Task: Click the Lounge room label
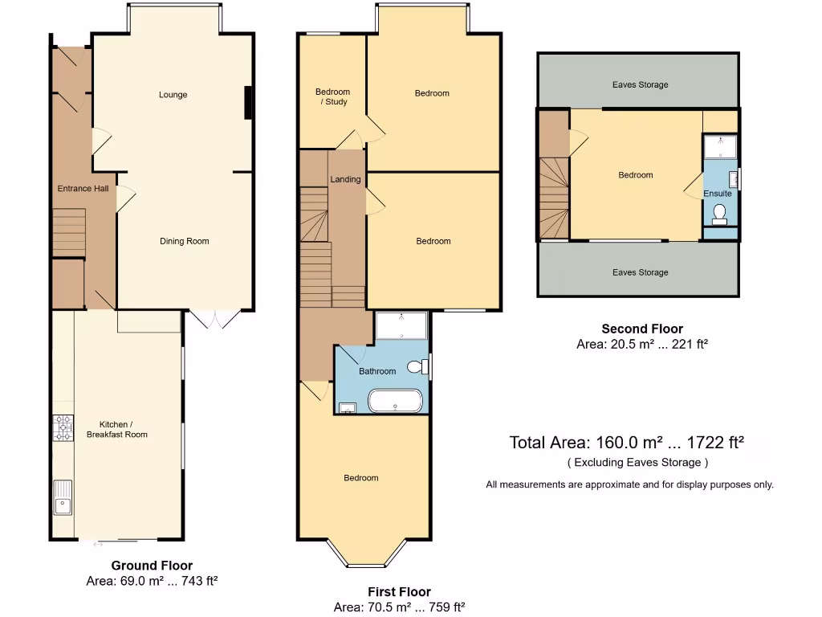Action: click(173, 95)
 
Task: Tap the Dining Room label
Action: click(185, 241)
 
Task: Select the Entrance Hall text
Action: click(82, 189)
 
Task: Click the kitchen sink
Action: click(63, 497)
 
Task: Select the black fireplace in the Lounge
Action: click(249, 102)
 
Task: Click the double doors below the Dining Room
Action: click(214, 320)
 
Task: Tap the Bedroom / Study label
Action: click(332, 97)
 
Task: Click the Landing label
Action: click(345, 179)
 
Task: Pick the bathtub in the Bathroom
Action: click(394, 400)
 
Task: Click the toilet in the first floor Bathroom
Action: click(417, 367)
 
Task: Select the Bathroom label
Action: click(377, 371)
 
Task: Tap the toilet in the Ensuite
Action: click(719, 213)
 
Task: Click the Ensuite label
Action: click(718, 194)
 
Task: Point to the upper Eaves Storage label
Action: click(640, 84)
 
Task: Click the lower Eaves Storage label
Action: click(640, 272)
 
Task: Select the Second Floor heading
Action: click(642, 329)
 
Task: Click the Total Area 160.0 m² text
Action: click(626, 443)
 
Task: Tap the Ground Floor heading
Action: click(152, 566)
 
